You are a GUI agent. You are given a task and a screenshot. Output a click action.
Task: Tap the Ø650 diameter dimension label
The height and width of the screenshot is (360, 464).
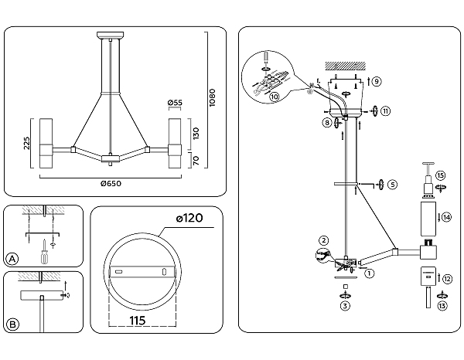pos(111,183)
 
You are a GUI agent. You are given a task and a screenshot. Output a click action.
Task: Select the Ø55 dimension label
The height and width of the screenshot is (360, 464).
pos(175,103)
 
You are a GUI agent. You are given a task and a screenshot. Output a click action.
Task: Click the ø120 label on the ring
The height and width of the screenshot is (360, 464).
pos(189,219)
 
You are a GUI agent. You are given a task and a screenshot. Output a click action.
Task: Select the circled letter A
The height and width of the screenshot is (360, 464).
pos(12,257)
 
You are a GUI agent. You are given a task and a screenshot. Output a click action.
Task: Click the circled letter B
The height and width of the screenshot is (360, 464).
pos(12,323)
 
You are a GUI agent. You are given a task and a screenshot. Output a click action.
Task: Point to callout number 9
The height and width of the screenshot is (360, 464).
pos(376,81)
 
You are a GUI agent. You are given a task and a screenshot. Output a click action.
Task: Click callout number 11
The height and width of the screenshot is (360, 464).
pos(385,110)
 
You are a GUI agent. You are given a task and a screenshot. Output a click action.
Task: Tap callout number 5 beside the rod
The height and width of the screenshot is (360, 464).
pos(392,185)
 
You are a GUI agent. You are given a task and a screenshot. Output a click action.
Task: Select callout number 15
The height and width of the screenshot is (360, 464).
pos(440,176)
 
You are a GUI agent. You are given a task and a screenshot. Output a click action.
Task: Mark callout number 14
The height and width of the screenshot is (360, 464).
pos(447,218)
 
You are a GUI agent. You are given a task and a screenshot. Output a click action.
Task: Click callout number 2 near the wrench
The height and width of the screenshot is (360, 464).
pos(324,241)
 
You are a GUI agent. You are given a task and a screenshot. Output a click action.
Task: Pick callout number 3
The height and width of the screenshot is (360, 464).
pos(345,306)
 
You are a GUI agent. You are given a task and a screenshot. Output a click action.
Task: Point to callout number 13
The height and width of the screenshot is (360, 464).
pos(443,306)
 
